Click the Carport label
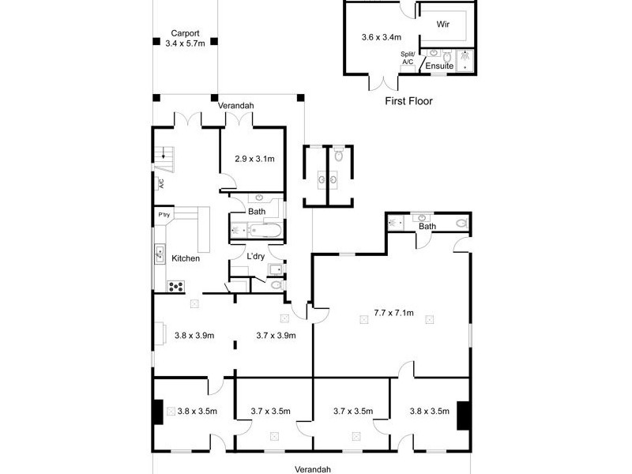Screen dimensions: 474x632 coord(186,33)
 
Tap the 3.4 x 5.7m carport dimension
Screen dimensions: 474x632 coord(186,43)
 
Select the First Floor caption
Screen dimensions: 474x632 coord(408,101)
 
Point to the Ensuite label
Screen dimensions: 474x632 coord(439,66)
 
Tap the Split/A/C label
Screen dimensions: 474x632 coord(408,58)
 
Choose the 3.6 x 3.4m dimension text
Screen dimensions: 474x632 coord(382,37)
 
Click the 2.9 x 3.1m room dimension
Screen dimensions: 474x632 coord(254,159)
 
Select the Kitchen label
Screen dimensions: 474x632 coord(186,258)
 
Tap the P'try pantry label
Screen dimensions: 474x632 coord(164,215)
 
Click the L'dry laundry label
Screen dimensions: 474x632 coord(255,257)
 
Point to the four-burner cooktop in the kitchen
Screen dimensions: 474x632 coord(175,286)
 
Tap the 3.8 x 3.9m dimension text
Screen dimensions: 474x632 coord(194,335)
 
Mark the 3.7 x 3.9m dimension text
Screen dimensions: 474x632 coord(276,335)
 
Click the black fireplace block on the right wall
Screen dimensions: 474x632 coord(464,413)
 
